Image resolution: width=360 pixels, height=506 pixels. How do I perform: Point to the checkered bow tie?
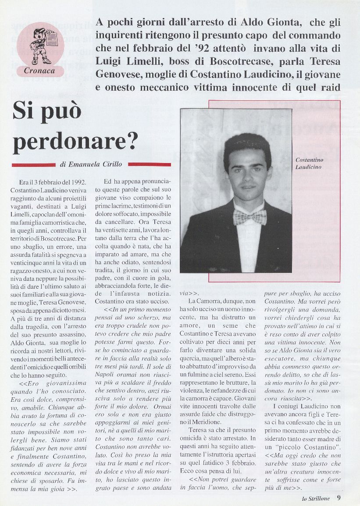[x=250, y=216]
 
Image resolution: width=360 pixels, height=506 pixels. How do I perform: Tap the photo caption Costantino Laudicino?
[x=310, y=163]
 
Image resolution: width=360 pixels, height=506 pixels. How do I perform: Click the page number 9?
[x=339, y=497]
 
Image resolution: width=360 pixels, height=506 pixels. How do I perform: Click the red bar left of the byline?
[x=33, y=165]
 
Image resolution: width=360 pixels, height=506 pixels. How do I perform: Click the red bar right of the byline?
[x=149, y=165]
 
